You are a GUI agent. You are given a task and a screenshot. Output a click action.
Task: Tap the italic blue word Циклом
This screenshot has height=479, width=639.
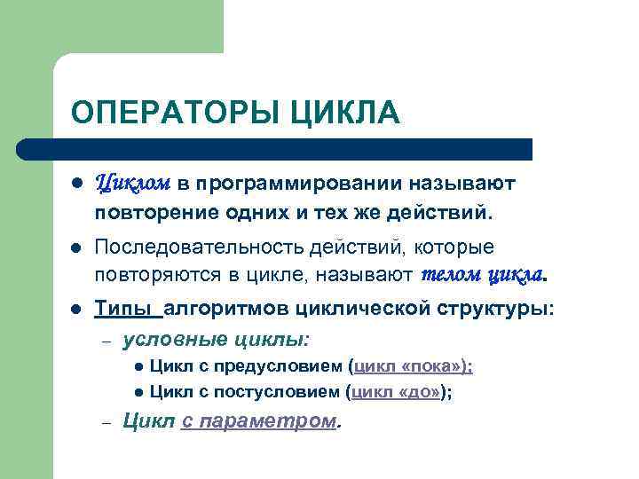pos(132,183)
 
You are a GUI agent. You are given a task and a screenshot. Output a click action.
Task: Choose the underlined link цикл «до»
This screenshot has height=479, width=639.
pos(398,392)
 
